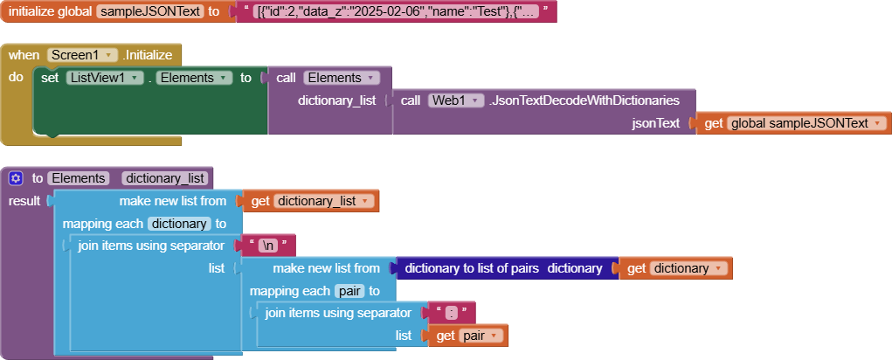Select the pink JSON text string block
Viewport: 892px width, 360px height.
point(394,11)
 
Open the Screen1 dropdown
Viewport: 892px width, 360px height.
point(83,54)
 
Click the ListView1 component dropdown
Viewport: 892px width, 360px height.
point(105,78)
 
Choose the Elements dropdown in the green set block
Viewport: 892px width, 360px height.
point(194,78)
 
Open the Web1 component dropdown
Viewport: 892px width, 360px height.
point(455,100)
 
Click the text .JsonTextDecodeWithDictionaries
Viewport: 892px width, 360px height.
point(590,100)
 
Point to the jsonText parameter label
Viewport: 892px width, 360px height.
point(655,123)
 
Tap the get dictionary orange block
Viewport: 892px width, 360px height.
point(676,268)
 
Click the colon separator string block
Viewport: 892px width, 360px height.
point(449,313)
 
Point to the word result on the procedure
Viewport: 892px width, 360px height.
point(24,201)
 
